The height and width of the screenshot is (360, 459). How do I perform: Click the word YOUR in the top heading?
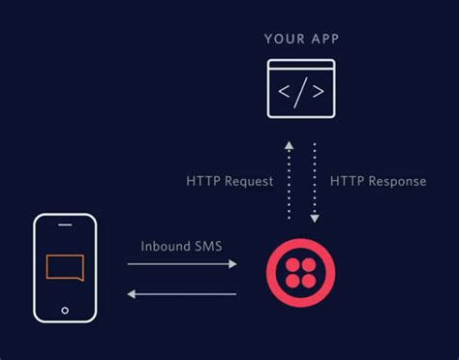point(283,39)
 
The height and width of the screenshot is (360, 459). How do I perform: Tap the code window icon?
point(300,89)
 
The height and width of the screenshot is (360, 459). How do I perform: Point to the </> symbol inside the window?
point(300,95)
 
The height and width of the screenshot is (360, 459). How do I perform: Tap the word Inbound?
point(160,246)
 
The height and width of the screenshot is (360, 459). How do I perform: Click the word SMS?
point(208,246)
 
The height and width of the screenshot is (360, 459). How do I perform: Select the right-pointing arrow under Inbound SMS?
point(181,263)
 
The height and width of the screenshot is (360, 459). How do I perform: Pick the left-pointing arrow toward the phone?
point(181,291)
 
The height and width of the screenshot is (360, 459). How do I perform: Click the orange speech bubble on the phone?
point(65,267)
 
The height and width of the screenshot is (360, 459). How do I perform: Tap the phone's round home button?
point(65,311)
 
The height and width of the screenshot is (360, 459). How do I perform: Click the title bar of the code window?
point(300,65)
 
